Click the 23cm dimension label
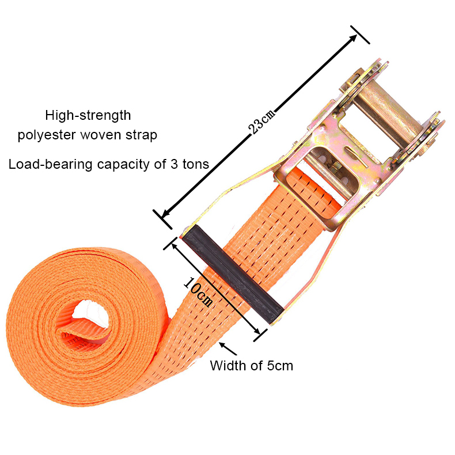click(263, 119)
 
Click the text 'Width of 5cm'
click(251, 365)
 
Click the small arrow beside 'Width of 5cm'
click(227, 348)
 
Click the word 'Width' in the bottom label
click(227, 365)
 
